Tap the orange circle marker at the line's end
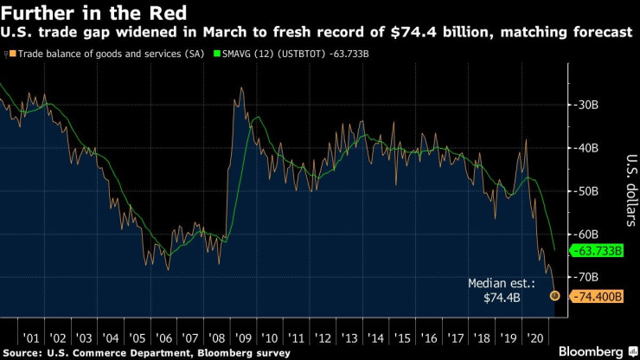point(554,296)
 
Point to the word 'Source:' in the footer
point(24,352)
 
